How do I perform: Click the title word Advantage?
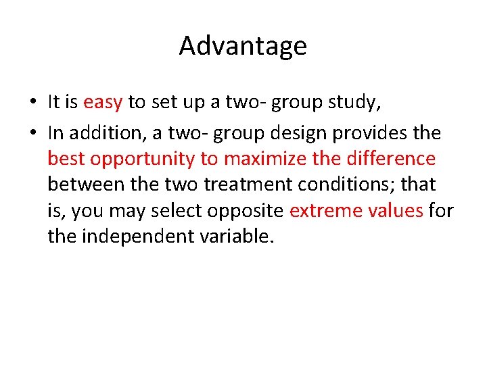(243, 46)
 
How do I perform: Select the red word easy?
(103, 102)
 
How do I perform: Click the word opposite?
(245, 210)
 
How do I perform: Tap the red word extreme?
(327, 210)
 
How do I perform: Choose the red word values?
(396, 210)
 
